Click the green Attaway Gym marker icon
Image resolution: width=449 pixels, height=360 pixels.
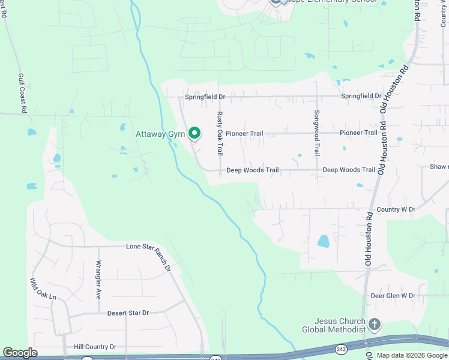194,133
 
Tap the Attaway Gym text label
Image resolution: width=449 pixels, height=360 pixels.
160,134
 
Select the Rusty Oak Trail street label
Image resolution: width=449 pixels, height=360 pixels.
220,134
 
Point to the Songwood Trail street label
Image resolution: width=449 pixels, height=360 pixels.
317,134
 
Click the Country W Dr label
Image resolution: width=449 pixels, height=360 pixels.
396,209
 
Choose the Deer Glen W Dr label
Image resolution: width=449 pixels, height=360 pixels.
393,296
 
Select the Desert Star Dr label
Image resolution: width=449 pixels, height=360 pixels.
128,313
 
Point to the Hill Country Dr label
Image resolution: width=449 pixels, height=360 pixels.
95,347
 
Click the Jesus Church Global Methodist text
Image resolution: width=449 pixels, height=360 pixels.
334,326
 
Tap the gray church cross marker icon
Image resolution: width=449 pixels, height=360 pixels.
375,325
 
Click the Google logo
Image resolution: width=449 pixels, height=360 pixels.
20,353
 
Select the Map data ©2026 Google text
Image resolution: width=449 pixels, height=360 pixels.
412,355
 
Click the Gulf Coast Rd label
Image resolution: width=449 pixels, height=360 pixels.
21,94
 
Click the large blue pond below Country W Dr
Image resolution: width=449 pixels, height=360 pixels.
324,241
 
